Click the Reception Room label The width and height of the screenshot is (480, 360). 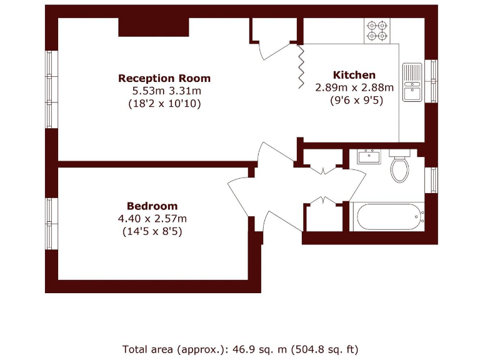(x=164, y=78)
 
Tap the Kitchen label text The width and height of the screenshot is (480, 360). (x=354, y=74)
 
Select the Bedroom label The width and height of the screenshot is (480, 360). (x=152, y=206)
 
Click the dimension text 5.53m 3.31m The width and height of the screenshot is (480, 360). (x=164, y=91)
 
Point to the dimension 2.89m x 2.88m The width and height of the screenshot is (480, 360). (x=354, y=87)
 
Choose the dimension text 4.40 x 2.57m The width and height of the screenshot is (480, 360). (x=152, y=218)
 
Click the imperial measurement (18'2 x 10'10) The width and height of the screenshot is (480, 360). (x=164, y=104)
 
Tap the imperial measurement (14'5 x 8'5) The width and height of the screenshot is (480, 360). (x=152, y=231)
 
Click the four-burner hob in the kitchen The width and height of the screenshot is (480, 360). (x=377, y=31)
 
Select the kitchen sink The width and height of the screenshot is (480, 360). (x=412, y=82)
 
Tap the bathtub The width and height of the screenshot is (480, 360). (x=387, y=217)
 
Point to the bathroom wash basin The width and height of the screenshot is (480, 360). (x=369, y=156)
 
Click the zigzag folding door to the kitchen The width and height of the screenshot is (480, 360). (x=300, y=66)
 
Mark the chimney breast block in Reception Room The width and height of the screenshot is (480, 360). (x=154, y=27)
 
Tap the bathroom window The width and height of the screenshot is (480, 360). (x=431, y=180)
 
